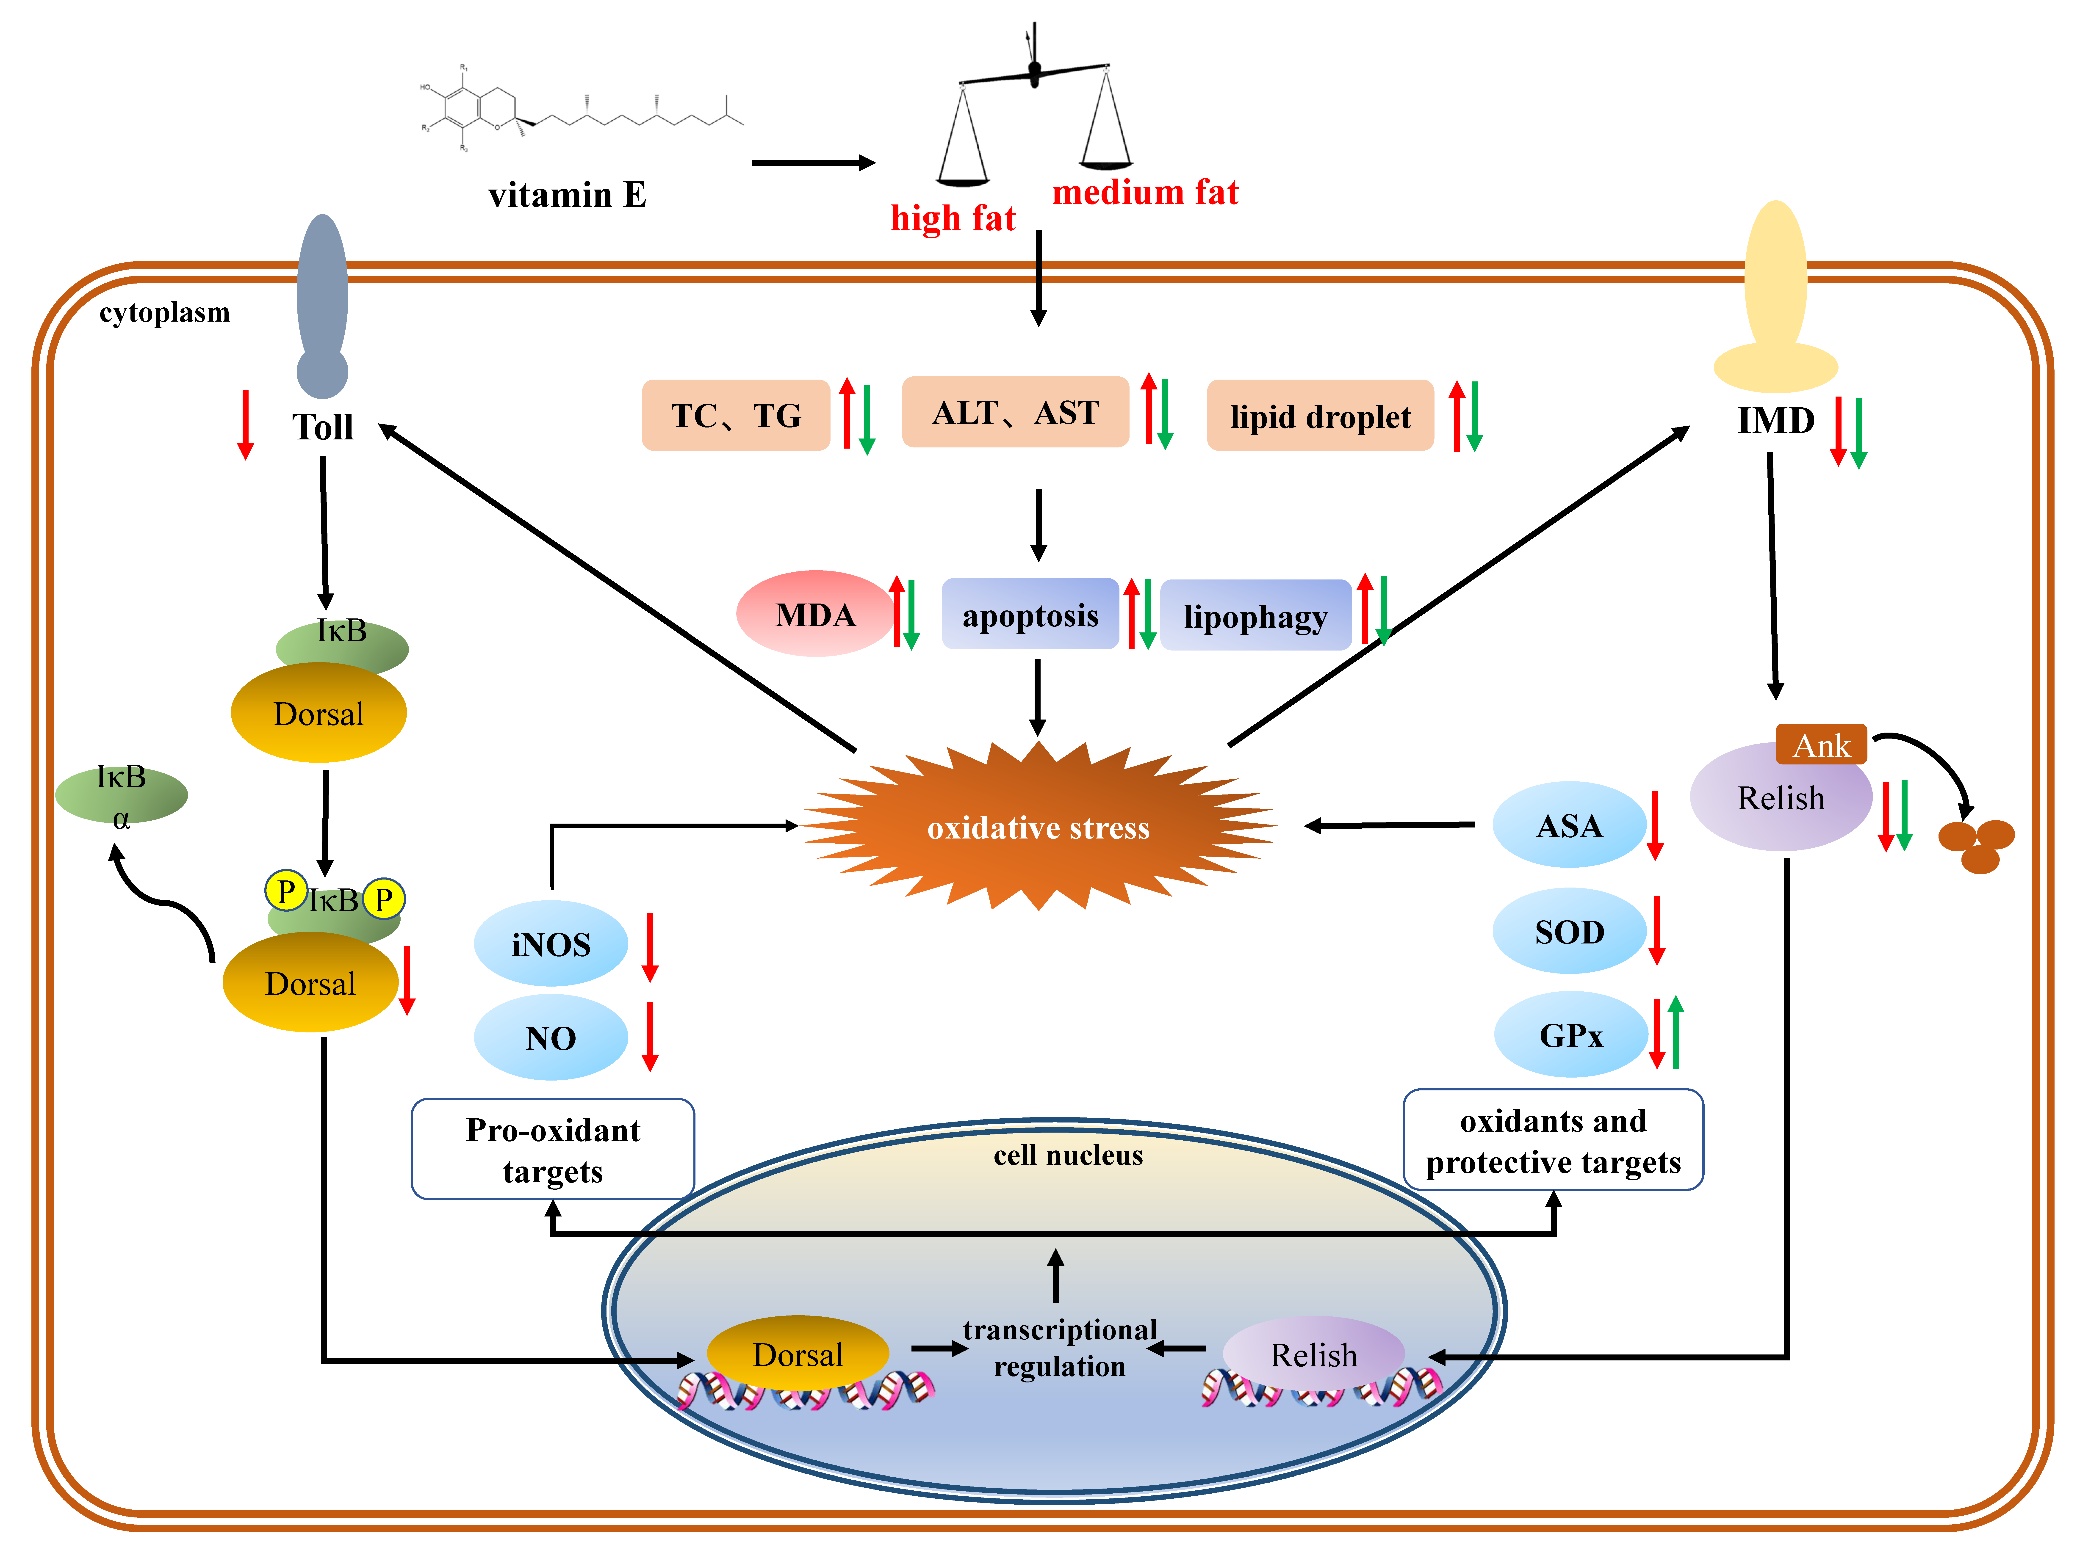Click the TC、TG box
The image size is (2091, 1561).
click(735, 415)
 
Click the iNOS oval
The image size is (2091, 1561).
click(550, 943)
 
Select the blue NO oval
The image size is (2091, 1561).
click(550, 1037)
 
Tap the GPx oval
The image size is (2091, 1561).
click(1570, 1035)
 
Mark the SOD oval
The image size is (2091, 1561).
click(1569, 932)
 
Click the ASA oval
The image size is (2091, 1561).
click(1569, 825)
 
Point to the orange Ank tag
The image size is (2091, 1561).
click(1821, 745)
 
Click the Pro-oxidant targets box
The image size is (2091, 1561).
click(553, 1149)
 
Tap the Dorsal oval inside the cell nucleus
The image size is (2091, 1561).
click(797, 1354)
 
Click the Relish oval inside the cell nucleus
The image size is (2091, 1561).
click(1313, 1354)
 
